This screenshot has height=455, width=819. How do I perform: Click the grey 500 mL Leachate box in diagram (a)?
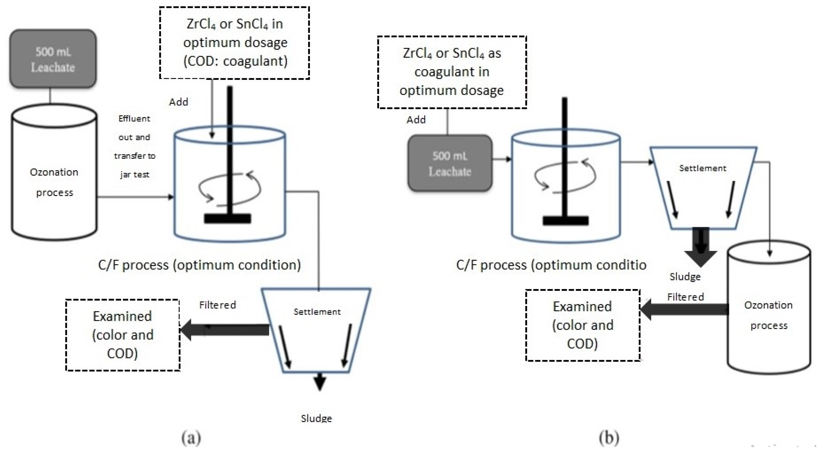pyautogui.click(x=53, y=59)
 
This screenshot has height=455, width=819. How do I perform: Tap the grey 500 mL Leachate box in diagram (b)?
pyautogui.click(x=450, y=163)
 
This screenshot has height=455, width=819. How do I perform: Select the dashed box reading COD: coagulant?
pyautogui.click(x=235, y=42)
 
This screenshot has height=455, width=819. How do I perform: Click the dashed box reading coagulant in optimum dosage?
pyautogui.click(x=452, y=72)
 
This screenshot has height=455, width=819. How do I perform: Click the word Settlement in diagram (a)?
pyautogui.click(x=317, y=312)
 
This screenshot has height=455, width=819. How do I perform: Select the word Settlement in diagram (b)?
pyautogui.click(x=703, y=168)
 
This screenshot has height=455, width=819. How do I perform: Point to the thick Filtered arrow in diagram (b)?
pyautogui.click(x=684, y=309)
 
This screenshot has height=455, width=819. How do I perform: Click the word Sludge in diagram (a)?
pyautogui.click(x=316, y=418)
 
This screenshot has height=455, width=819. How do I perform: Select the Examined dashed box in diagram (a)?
pyautogui.click(x=123, y=335)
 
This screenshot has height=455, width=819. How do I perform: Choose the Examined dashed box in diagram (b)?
pyautogui.click(x=583, y=325)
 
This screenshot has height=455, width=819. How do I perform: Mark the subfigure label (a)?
pyautogui.click(x=191, y=438)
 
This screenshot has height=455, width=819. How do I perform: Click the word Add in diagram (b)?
pyautogui.click(x=416, y=120)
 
